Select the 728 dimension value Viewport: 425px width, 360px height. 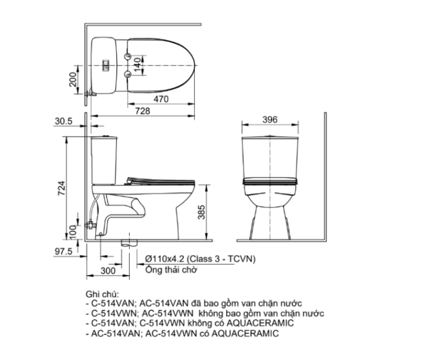143,111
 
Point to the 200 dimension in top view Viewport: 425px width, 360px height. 73,80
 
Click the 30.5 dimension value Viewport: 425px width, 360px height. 63,121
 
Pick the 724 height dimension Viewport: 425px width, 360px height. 62,188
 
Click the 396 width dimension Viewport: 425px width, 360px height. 270,120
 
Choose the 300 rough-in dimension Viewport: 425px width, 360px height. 108,271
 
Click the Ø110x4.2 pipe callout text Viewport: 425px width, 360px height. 200,259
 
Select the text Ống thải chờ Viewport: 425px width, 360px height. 171,270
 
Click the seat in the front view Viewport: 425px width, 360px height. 270,181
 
